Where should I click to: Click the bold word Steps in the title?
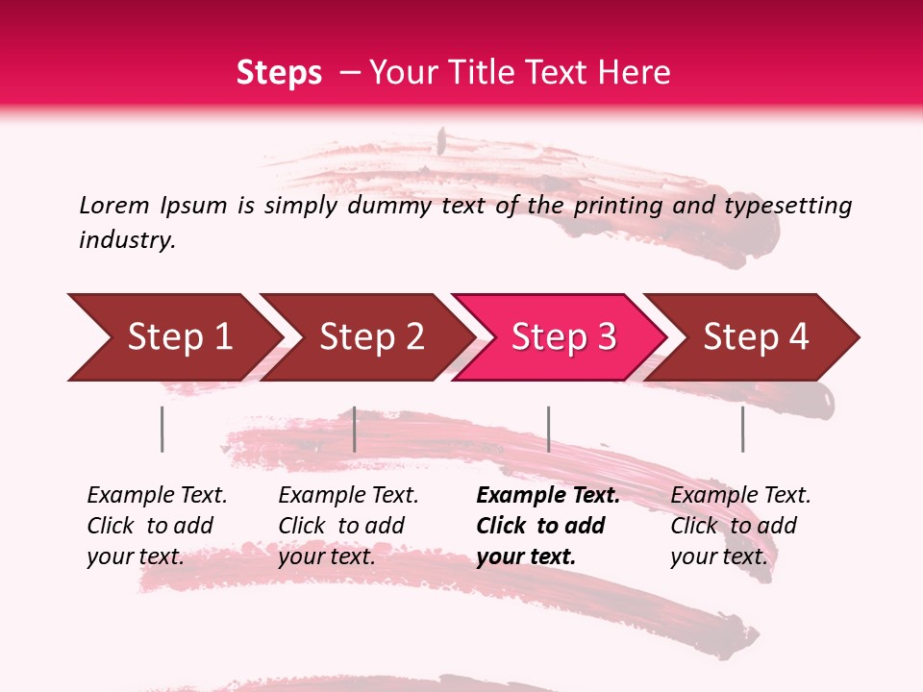point(279,73)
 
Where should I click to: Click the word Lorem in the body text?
point(114,205)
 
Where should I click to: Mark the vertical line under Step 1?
point(162,429)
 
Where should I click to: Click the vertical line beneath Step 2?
point(355,429)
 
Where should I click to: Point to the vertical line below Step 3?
point(548,429)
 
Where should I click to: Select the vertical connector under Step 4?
point(742,429)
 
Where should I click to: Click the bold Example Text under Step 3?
point(548,495)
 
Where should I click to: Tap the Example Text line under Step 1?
point(157,495)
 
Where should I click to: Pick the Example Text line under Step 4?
point(740,495)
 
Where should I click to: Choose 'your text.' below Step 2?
point(326,556)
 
